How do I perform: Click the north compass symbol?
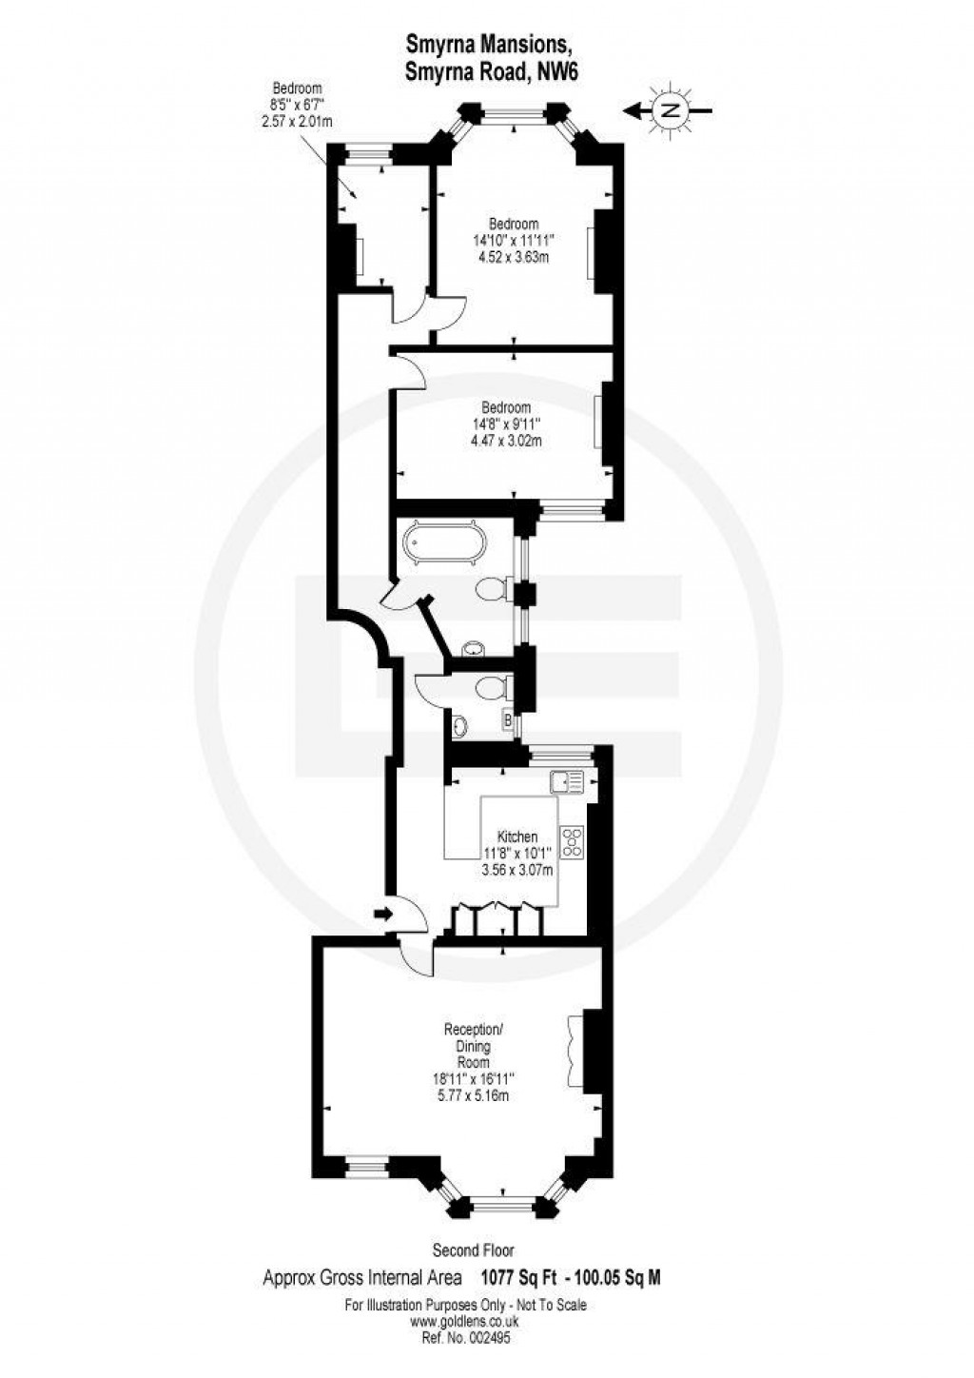[671, 110]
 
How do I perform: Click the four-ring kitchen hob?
[573, 840]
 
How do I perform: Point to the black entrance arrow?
[381, 915]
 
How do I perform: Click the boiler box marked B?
[508, 720]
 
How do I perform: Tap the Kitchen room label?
[516, 837]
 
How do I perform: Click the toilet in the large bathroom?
[493, 590]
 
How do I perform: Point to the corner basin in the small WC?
[461, 727]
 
